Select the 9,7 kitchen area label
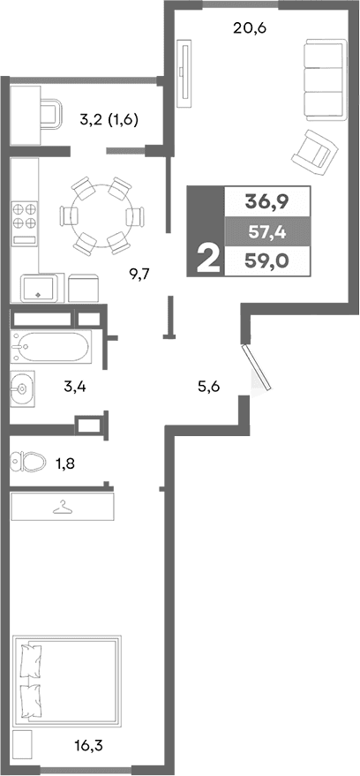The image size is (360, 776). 141,274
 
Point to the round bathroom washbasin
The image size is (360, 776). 23,385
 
